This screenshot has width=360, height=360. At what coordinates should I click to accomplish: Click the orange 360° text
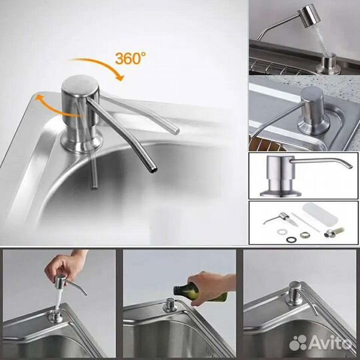tap(131, 58)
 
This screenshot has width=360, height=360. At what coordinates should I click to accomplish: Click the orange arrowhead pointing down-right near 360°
tap(120, 77)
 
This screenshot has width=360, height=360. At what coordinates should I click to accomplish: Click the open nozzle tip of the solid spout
tap(154, 170)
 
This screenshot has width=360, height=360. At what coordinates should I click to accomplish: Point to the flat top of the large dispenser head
tap(80, 84)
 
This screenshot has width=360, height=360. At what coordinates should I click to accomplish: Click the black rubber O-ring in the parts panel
tap(291, 240)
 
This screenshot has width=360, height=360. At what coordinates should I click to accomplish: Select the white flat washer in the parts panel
tap(281, 232)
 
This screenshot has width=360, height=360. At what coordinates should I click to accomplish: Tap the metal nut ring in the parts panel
tap(305, 235)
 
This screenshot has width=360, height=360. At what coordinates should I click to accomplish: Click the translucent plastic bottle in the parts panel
tap(320, 214)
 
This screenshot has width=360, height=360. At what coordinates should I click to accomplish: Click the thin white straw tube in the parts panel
tap(305, 222)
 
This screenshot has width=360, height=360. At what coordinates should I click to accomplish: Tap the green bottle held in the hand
tap(195, 292)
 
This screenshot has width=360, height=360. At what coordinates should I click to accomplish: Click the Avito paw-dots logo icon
tap(298, 342)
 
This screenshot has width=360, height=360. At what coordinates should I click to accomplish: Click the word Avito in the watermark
tap(331, 343)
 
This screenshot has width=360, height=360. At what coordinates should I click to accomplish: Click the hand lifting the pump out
tap(65, 265)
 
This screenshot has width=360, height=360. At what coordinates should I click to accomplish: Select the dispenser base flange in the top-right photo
tap(325, 65)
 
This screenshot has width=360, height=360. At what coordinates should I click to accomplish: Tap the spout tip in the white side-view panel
tap(350, 166)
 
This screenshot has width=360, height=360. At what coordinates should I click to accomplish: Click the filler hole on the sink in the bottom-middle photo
tap(170, 305)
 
